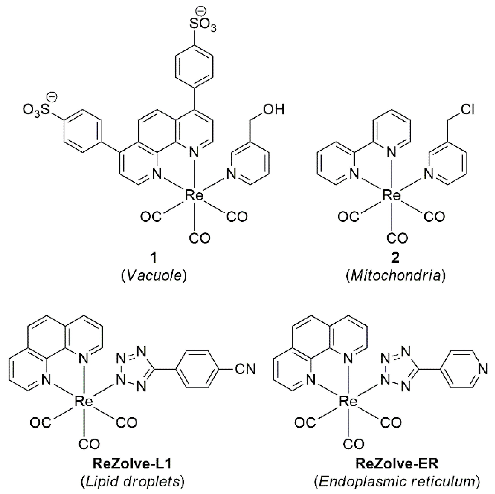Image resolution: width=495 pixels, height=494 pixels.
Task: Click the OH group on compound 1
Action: pos(273,110)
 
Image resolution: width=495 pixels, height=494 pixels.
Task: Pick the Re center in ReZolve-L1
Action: pos(84,401)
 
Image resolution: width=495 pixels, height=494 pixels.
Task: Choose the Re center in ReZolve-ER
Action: pos(348,401)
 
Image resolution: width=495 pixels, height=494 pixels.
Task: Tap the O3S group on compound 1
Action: pos(36,110)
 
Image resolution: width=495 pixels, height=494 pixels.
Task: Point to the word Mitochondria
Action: pos(396,276)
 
